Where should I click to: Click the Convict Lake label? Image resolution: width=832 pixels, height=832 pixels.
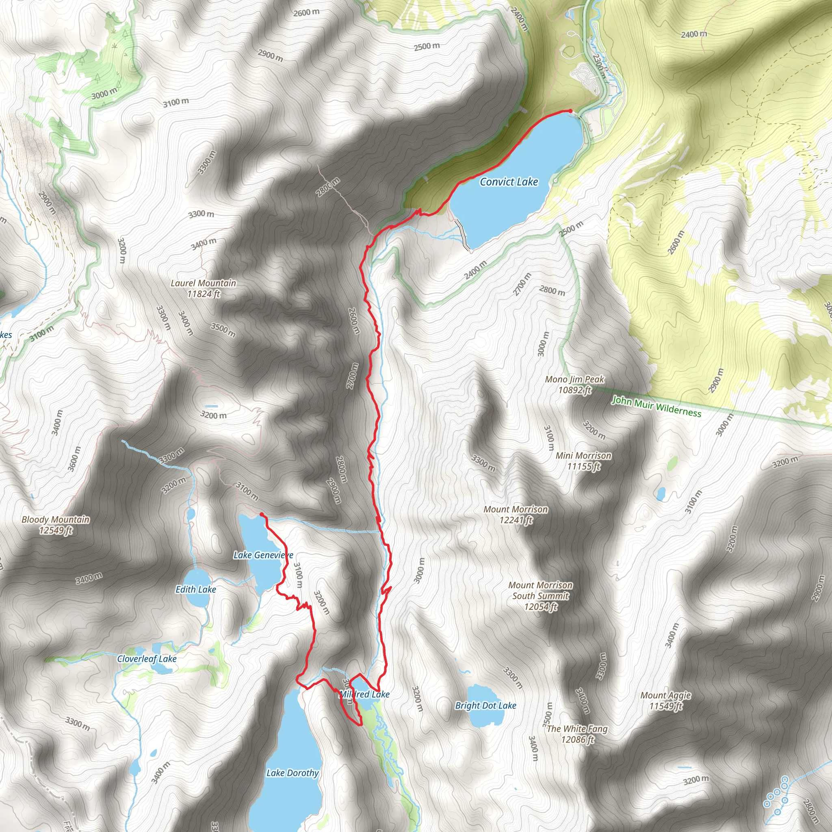509,182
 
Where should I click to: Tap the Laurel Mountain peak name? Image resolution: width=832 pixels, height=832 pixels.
203,284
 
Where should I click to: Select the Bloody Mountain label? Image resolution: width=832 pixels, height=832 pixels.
56,520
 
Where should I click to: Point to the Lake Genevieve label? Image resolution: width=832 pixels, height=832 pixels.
263,555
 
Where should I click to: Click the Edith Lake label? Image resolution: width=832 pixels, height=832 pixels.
195,589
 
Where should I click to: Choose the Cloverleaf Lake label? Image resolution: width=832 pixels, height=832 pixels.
147,659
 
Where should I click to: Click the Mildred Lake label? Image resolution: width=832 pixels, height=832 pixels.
364,694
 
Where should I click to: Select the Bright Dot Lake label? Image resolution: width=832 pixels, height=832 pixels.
485,705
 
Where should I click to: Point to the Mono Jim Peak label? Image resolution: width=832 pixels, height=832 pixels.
574,379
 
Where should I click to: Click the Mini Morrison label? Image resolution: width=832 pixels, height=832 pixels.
583,456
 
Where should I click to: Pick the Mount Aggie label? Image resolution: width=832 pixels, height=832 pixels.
665,695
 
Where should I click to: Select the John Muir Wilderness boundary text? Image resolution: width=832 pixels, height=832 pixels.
656,407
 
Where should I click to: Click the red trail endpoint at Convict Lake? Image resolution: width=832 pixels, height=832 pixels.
571,111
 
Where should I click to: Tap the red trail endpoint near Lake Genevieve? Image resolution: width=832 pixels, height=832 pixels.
261,514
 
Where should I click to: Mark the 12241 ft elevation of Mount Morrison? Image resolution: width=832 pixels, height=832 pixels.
516,520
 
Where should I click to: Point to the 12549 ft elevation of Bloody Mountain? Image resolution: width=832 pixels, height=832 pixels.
56,531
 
